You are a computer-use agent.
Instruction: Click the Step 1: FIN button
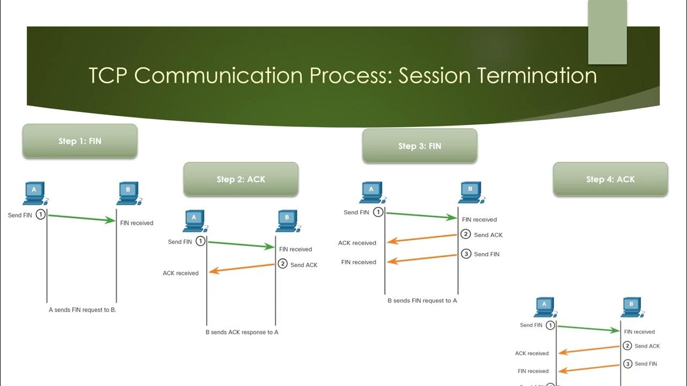[x=79, y=142]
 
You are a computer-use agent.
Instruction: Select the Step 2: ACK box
[x=240, y=179]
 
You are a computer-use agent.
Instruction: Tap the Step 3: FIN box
[x=419, y=146]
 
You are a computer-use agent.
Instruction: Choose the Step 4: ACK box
[x=610, y=179]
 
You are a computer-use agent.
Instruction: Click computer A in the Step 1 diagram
[x=34, y=194]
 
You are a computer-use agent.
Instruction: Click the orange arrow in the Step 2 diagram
[x=242, y=268]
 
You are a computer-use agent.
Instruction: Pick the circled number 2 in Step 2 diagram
[x=282, y=264]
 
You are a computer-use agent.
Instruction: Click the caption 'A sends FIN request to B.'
[x=83, y=310]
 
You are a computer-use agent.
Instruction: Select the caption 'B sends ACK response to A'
[x=242, y=332]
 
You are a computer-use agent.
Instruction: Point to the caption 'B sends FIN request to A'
[x=422, y=301]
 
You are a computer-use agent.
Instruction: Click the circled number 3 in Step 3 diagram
[x=466, y=254]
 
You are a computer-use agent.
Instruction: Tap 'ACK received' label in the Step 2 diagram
[x=181, y=273]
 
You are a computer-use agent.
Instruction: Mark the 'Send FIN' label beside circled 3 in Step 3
[x=487, y=254]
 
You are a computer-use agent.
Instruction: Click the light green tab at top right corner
[x=607, y=31]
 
